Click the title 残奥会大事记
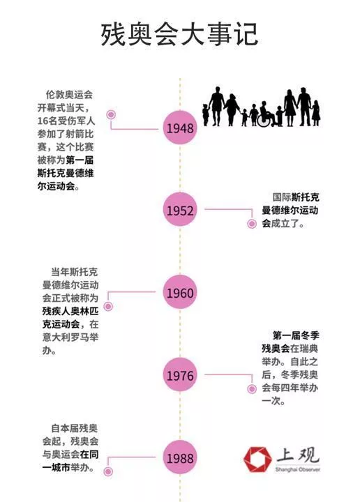click(180, 35)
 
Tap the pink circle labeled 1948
click(180, 128)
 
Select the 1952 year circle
click(180, 210)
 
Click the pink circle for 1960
click(180, 292)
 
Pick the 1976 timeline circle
click(180, 375)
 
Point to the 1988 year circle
click(180, 457)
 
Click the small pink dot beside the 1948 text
click(111, 114)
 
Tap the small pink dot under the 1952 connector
click(252, 224)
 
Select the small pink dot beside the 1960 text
click(109, 306)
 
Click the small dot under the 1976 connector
click(252, 389)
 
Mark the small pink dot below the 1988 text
click(109, 471)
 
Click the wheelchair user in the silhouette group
click(266, 114)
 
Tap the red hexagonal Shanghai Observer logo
click(257, 459)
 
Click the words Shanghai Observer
click(297, 470)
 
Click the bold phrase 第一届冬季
click(296, 335)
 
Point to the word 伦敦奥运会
click(69, 95)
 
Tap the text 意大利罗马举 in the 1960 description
click(70, 337)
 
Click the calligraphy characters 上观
click(298, 455)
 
